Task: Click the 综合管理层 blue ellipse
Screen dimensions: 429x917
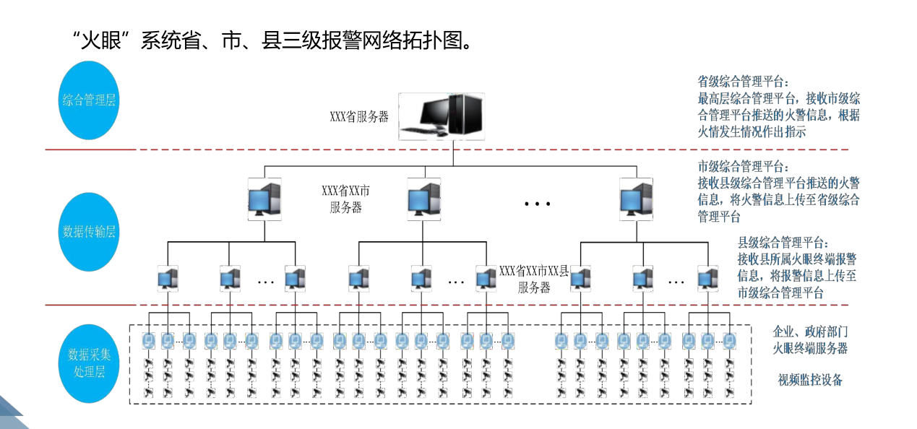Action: click(x=88, y=100)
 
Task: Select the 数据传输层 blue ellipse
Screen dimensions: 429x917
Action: click(x=88, y=232)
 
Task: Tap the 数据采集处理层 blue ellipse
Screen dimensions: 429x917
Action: click(x=88, y=363)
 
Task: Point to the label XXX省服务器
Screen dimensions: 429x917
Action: click(x=359, y=117)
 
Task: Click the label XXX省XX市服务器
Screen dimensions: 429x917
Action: click(x=346, y=199)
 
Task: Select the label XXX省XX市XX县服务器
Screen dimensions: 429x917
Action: click(x=534, y=279)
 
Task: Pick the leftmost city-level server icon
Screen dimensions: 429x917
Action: click(x=264, y=199)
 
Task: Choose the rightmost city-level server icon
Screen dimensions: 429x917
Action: click(x=637, y=199)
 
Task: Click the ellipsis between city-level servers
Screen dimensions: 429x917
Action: click(x=538, y=204)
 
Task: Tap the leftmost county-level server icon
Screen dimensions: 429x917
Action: click(x=168, y=278)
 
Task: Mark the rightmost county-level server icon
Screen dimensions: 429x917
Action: click(x=707, y=278)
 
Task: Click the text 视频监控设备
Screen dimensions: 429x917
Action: click(x=810, y=380)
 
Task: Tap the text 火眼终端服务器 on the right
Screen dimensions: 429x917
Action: click(x=810, y=348)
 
